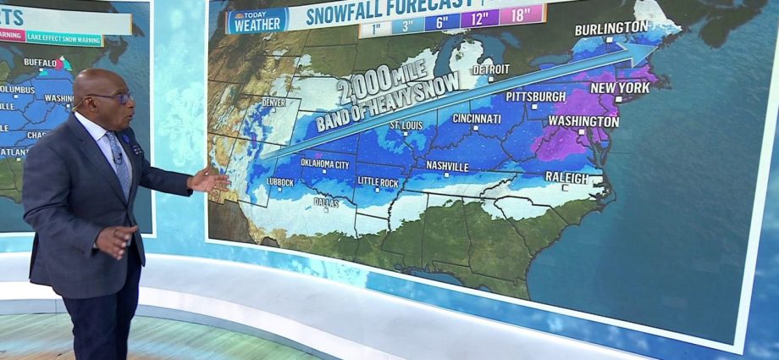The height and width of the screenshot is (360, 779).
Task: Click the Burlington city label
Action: tap(610, 28)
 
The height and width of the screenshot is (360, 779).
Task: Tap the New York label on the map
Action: tap(620, 87)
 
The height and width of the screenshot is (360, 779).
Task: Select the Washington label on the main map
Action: tap(583, 121)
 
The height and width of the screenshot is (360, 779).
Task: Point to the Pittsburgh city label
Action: tap(535, 97)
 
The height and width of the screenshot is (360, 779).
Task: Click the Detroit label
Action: tap(492, 69)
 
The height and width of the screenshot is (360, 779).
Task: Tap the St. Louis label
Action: tap(406, 125)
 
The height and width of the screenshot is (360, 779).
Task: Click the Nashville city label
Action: tap(447, 166)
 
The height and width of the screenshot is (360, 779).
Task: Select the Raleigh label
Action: tap(566, 178)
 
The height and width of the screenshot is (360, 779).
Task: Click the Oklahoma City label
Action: tap(319, 164)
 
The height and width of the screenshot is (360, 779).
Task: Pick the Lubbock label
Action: tap(279, 182)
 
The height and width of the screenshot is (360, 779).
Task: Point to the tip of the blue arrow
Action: tap(659, 49)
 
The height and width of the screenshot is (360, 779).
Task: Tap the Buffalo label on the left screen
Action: tap(40, 62)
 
